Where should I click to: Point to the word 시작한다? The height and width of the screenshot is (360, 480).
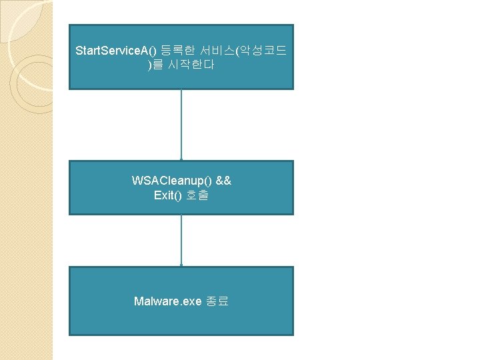click(191, 66)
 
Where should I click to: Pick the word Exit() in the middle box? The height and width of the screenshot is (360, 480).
click(168, 195)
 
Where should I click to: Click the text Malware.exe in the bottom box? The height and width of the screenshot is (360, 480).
click(167, 301)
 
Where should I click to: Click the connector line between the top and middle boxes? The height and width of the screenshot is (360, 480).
click(181, 123)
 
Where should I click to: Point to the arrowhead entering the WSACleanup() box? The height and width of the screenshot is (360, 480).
click(181, 159)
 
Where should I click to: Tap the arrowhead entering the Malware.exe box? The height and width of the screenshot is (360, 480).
click(181, 265)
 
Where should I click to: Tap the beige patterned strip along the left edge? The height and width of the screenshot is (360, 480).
click(27, 233)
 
